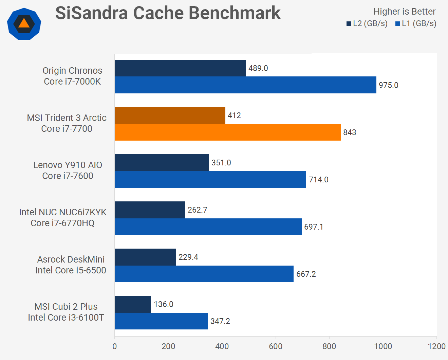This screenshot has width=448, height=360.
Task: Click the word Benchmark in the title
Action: pos(234,13)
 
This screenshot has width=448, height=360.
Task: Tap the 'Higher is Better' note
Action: pos(404,12)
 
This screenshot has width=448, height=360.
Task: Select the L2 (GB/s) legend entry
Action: pos(367,23)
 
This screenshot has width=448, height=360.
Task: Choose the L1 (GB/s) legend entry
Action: pos(416,23)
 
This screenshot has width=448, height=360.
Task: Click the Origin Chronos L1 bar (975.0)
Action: pos(245,85)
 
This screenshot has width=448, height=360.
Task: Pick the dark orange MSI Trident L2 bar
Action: pos(170,115)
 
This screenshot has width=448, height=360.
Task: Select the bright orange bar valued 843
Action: pos(227,132)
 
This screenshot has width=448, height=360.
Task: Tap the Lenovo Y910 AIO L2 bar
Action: pos(162,163)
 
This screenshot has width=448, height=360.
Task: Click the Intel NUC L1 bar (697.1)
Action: pos(208,227)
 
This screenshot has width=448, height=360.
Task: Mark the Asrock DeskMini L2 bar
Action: pos(145,257)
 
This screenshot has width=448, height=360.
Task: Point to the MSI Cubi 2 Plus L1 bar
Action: pos(161,321)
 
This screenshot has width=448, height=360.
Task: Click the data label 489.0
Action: pos(258,68)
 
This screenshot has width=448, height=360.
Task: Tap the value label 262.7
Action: pos(197,210)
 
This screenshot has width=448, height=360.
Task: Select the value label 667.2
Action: pos(306,274)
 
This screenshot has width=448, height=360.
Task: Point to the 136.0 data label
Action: pos(163,304)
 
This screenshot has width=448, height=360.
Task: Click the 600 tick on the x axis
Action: pos(276,346)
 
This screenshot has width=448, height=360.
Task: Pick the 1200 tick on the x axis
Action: pos(436,346)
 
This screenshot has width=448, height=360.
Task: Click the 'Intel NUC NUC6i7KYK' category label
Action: pos(63,212)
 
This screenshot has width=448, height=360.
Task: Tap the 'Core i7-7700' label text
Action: pos(67,129)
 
